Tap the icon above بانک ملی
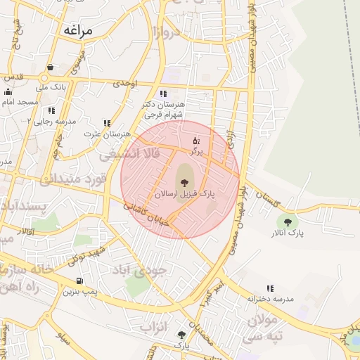[x=50, y=67]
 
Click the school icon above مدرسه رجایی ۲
[x=51, y=110]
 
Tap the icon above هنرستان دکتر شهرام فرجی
[x=163, y=93]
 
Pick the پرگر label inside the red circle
[x=195, y=151]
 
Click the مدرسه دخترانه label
[x=269, y=299]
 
